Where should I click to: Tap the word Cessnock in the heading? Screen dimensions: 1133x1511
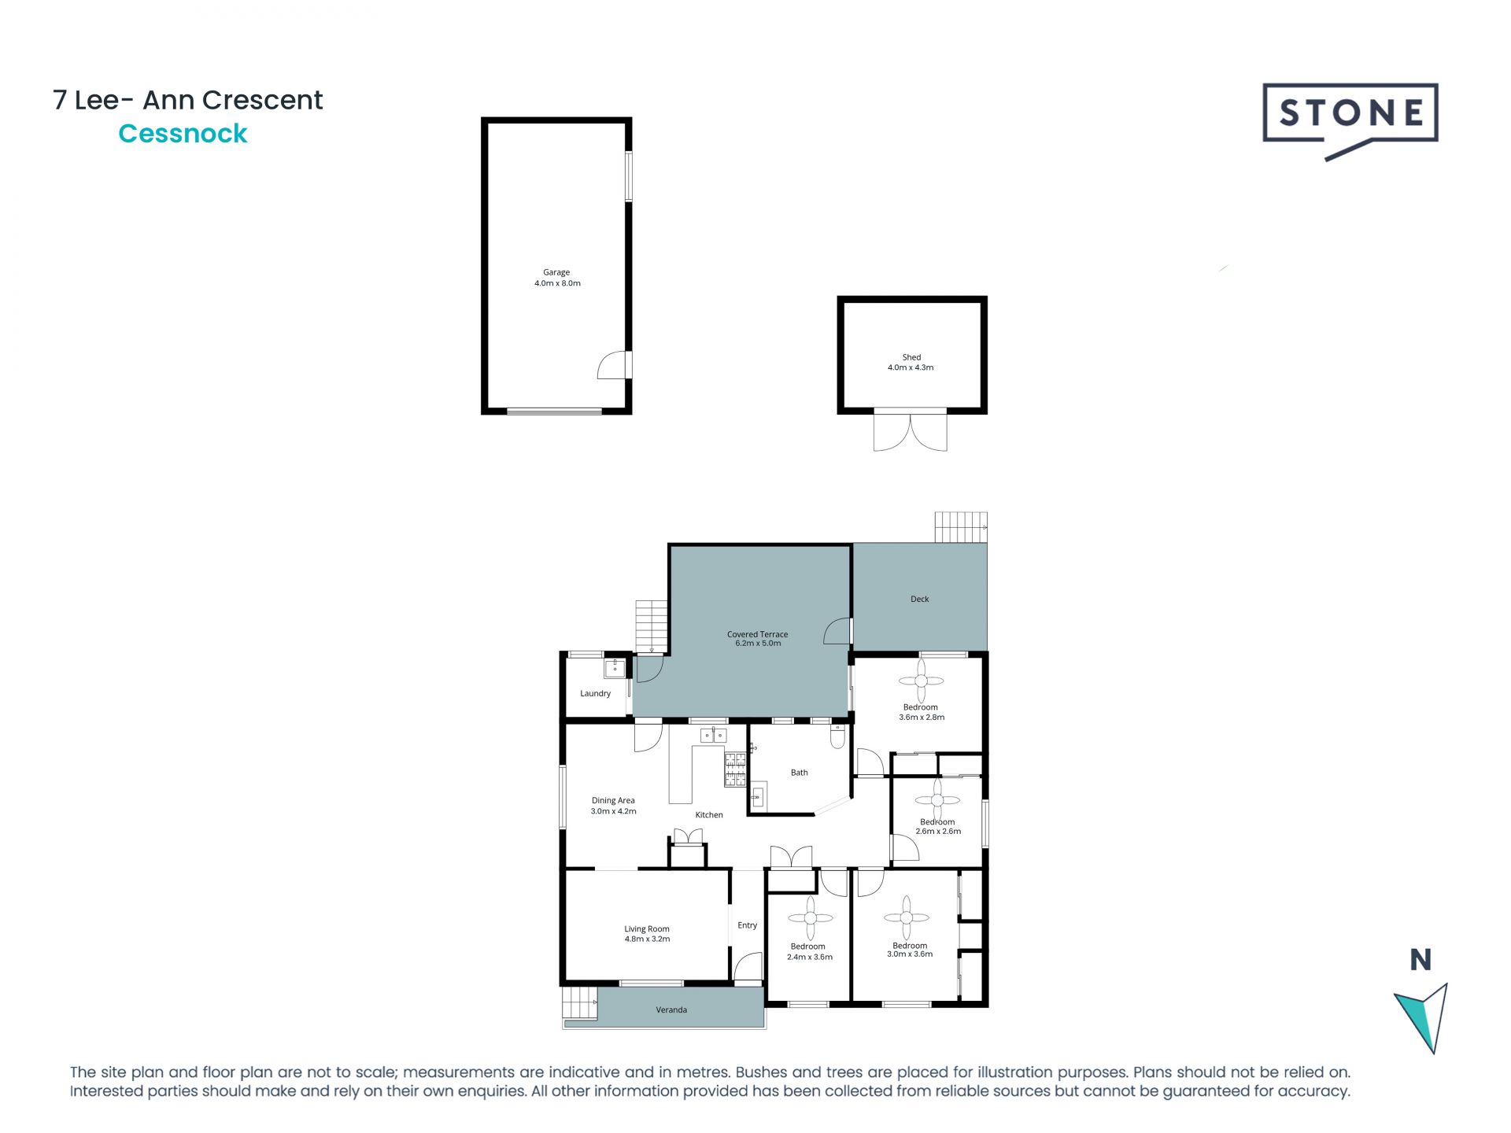(183, 134)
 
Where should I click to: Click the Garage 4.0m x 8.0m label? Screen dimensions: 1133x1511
(557, 278)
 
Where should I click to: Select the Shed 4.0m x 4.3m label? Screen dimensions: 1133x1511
(911, 362)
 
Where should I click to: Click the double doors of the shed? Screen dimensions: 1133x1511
(910, 431)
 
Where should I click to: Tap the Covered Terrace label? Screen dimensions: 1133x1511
(757, 638)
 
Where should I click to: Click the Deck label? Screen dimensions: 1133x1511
(919, 599)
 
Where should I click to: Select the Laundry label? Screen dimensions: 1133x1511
(595, 693)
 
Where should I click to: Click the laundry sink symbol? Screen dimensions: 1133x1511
(614, 669)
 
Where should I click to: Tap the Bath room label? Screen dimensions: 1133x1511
(799, 773)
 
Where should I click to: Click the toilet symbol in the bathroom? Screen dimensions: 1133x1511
(837, 738)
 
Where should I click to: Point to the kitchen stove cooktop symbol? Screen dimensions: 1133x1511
(735, 769)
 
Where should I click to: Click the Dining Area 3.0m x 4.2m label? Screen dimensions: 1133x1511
(613, 806)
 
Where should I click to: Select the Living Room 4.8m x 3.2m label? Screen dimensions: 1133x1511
(647, 933)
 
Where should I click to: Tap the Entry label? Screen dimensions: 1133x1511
(747, 925)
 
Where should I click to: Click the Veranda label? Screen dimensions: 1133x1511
(671, 1009)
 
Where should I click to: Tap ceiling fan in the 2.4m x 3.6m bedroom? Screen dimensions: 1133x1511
(810, 917)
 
